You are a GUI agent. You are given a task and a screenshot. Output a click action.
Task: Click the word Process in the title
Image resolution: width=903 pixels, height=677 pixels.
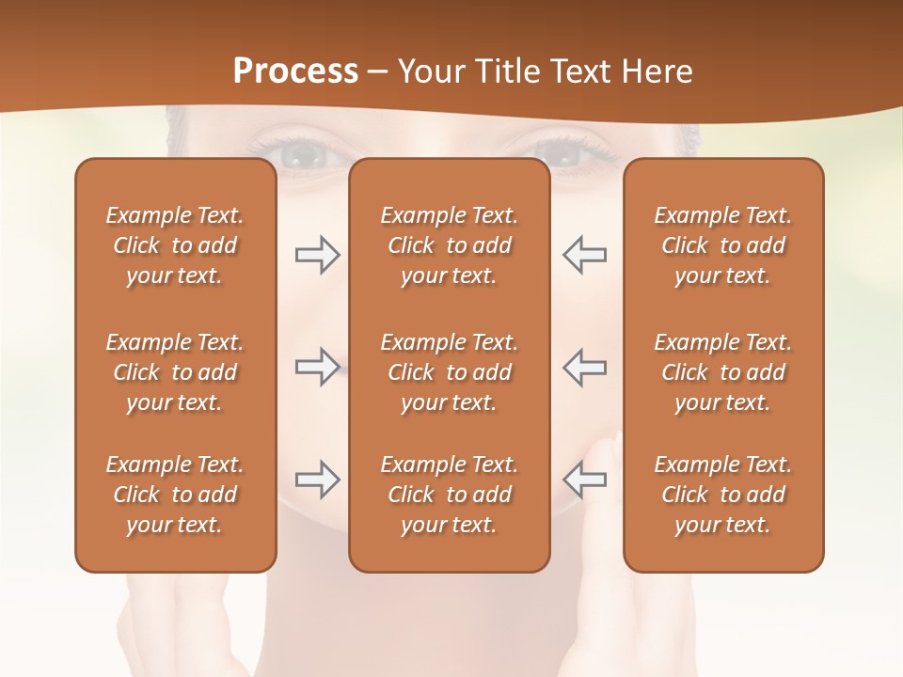click(295, 71)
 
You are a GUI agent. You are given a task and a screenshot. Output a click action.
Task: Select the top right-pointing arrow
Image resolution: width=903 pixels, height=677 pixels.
click(317, 255)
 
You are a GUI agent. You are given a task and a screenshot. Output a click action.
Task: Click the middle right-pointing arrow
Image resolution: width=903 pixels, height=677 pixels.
click(317, 367)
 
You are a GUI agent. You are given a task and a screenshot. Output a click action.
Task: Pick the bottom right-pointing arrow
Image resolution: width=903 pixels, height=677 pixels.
click(317, 480)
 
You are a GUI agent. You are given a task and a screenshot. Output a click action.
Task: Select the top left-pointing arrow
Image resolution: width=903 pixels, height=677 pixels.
click(584, 255)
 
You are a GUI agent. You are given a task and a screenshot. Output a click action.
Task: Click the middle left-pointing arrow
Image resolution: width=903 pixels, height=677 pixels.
click(584, 367)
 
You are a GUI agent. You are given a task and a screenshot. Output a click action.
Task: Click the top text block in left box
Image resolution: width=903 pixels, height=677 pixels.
click(175, 245)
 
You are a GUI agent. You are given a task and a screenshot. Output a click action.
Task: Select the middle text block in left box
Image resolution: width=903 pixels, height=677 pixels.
click(175, 372)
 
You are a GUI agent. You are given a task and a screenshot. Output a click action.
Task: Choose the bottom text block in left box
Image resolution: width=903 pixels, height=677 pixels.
click(175, 495)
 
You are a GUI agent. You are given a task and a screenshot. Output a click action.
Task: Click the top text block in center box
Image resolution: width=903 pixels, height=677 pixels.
click(449, 245)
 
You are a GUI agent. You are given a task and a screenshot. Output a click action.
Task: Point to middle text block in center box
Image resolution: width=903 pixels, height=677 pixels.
click(449, 372)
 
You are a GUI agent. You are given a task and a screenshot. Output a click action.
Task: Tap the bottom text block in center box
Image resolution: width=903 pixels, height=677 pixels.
click(449, 495)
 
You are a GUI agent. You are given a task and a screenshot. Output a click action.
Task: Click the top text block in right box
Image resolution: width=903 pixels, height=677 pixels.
click(722, 245)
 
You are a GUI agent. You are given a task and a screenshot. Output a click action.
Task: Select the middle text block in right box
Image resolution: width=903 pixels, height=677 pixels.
click(722, 372)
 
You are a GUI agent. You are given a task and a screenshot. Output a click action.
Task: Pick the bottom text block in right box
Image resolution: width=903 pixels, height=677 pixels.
click(722, 495)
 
